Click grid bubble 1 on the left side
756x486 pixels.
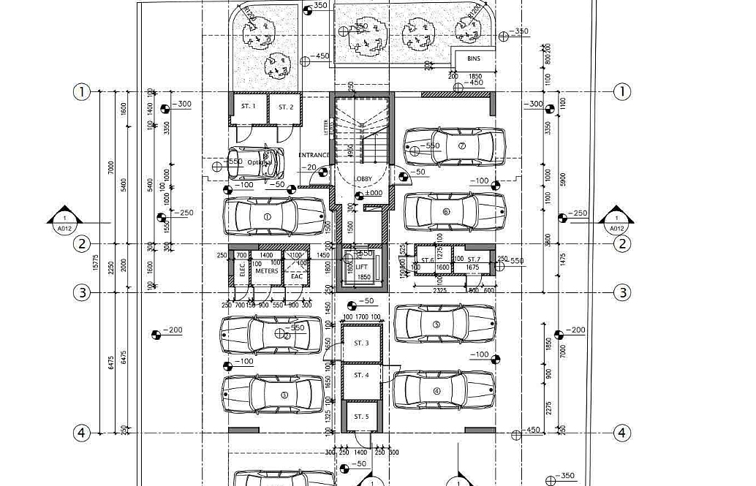point(81,92)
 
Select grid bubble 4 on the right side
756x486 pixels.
point(621,433)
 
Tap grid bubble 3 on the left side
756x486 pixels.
point(81,293)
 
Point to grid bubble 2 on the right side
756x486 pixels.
point(621,244)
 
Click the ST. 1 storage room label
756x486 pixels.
point(249,107)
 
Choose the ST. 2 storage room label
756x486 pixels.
point(285,107)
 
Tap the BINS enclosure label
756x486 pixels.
point(473,58)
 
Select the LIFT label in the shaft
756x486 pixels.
point(362,267)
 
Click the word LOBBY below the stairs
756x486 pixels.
point(363,179)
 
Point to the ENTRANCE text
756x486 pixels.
point(314,155)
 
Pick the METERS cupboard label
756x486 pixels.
point(266,270)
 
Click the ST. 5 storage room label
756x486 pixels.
point(361,417)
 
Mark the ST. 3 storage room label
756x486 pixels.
point(361,343)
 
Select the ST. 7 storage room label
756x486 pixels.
point(474,259)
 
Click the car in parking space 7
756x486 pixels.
point(454,146)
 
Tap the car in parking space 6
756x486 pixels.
point(454,212)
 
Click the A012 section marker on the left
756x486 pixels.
point(65,222)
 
